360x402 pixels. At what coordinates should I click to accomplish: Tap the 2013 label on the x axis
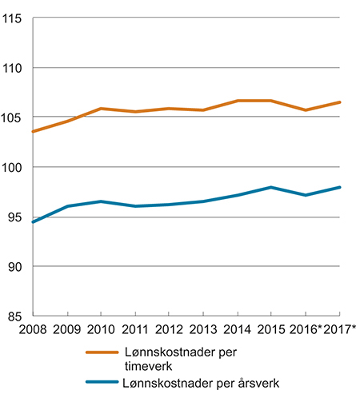[x=203, y=331]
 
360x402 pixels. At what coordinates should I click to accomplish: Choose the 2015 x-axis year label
[x=271, y=331]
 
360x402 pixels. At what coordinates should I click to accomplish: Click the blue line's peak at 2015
[x=271, y=187]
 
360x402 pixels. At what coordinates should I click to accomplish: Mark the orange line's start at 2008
[x=33, y=131]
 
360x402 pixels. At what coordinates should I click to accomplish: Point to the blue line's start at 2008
[x=33, y=221]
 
